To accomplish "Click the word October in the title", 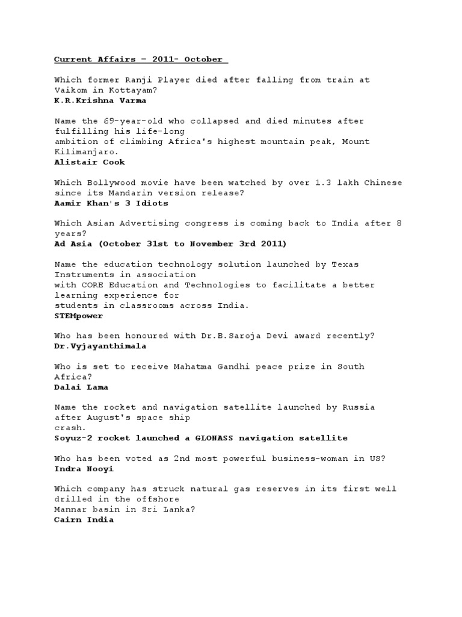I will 203,59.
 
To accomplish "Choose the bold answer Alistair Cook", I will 90,161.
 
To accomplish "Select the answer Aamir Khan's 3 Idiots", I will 111,202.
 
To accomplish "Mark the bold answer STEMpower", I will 78,315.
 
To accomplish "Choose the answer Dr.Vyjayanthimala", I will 100,346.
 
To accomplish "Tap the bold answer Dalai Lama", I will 81,387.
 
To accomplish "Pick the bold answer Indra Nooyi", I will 84,468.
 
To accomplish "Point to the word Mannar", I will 69,509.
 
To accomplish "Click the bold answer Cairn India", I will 84,519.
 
